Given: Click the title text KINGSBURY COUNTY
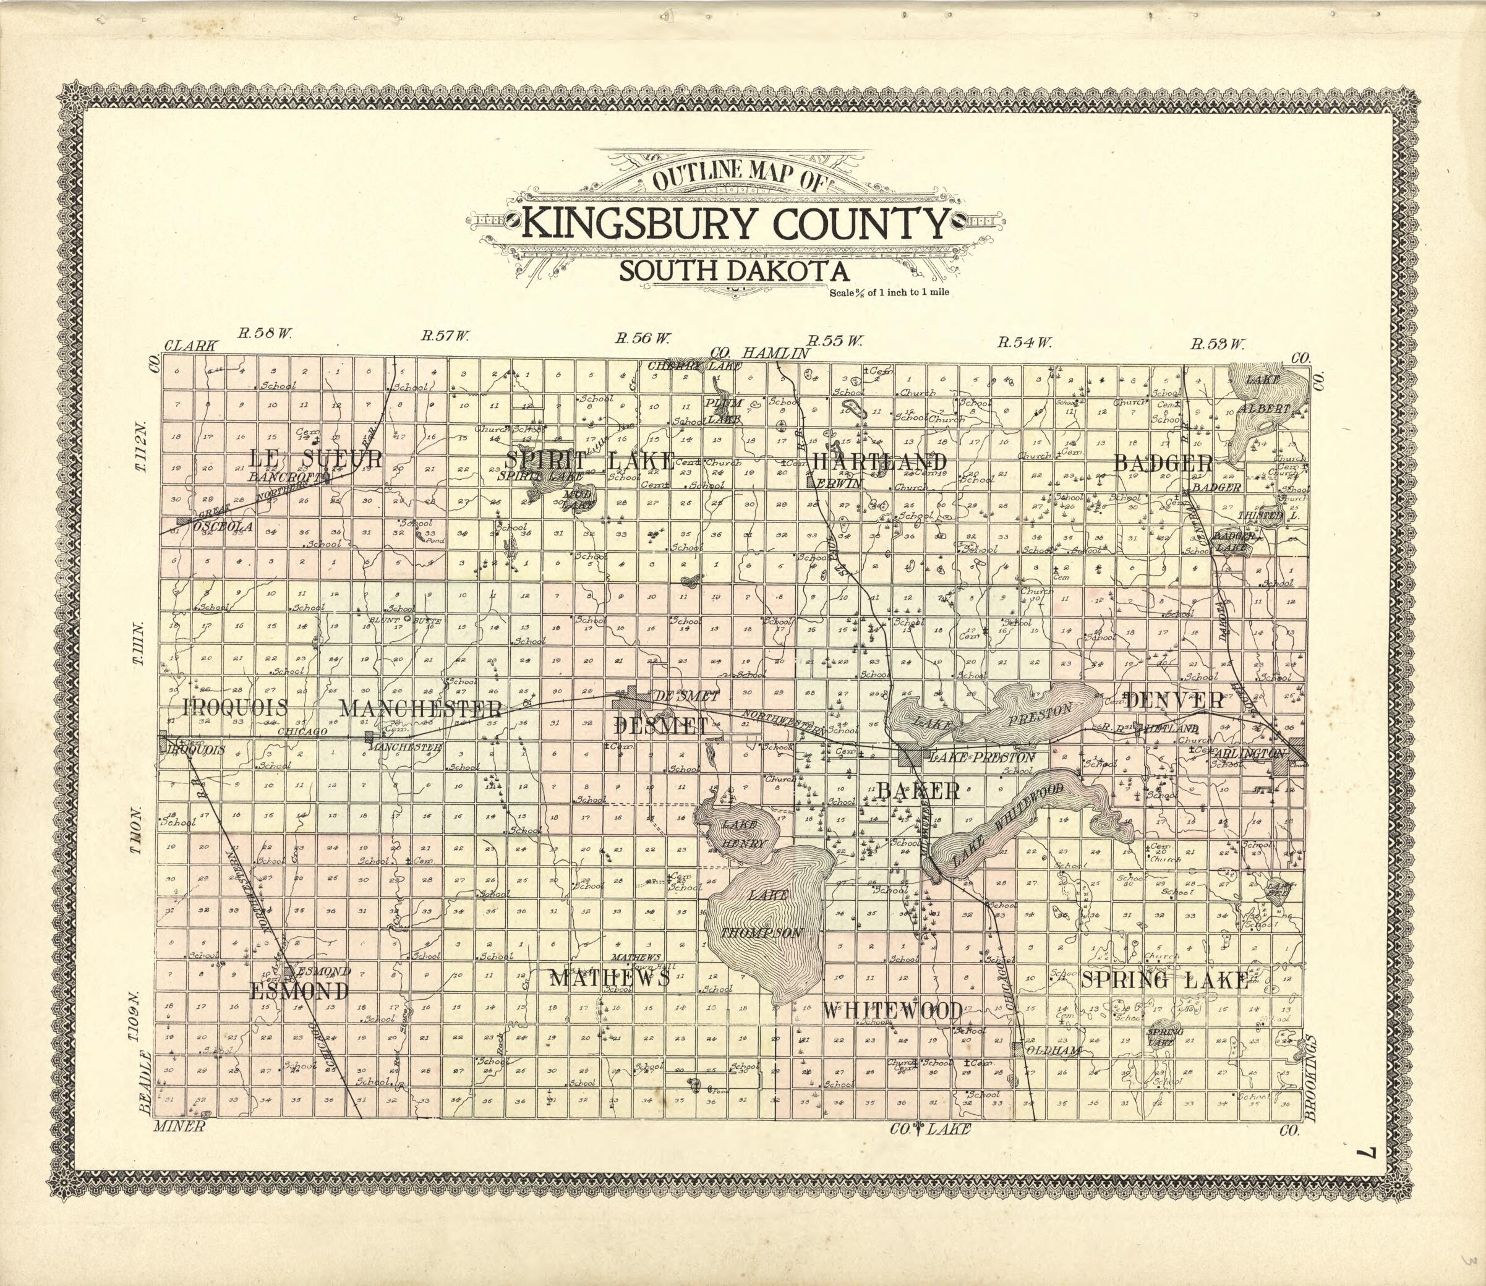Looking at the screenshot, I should click(736, 223).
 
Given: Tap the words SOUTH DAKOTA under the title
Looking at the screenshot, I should click(733, 271).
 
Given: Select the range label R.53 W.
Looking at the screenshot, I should click(1217, 344).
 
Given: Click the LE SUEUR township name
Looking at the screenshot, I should click(316, 458).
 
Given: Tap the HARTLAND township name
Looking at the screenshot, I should click(879, 461).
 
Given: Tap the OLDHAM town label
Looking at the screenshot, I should click(1054, 1050).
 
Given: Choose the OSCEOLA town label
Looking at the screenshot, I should click(223, 527).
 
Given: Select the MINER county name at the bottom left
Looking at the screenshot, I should click(179, 1126).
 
